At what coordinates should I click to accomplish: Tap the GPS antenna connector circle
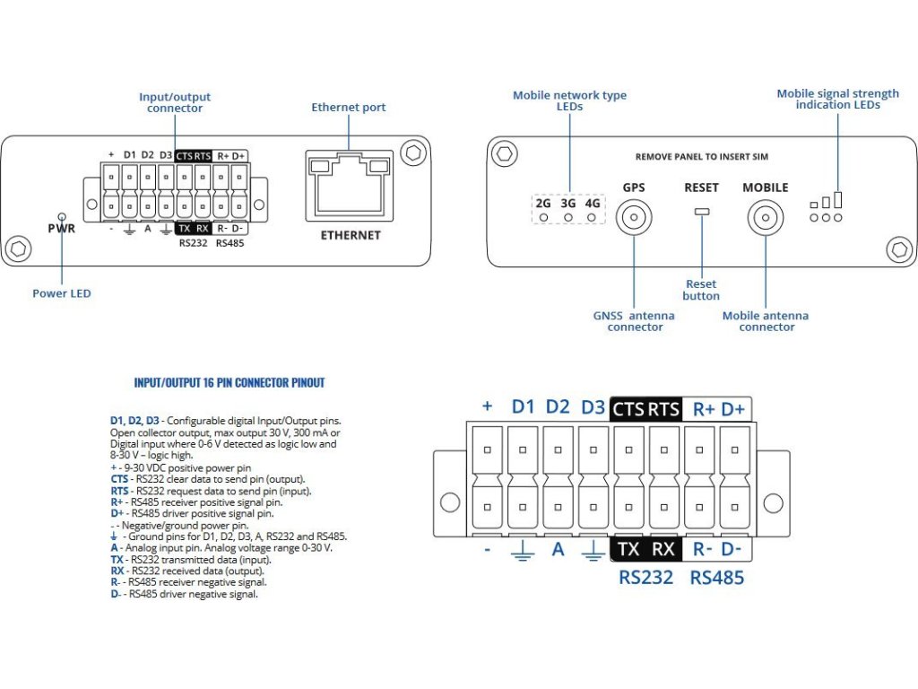pos(634,217)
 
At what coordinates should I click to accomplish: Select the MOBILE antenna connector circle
pos(766,217)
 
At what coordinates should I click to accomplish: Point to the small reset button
pos(701,212)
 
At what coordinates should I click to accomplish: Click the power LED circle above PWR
pos(61,216)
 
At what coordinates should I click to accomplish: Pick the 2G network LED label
pos(543,204)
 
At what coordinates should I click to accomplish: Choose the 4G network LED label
pos(592,204)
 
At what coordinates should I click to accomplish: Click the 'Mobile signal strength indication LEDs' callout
pos(837,99)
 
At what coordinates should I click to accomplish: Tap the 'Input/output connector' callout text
pos(176,101)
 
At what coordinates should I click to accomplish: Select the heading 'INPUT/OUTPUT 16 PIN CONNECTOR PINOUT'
pos(229,382)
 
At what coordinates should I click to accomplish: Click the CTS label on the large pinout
pos(628,409)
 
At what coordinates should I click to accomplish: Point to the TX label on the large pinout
pos(628,549)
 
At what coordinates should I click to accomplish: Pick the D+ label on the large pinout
pos(732,409)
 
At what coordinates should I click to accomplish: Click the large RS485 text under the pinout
pos(716,578)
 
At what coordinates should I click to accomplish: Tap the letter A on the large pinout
pos(558,549)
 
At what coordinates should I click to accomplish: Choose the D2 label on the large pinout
pos(558,406)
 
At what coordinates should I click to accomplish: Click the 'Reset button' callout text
pos(701,290)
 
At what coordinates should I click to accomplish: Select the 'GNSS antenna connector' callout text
pos(635,321)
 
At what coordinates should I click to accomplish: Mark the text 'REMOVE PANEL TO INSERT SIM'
pos(701,156)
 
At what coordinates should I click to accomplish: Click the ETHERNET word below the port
pos(351,235)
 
